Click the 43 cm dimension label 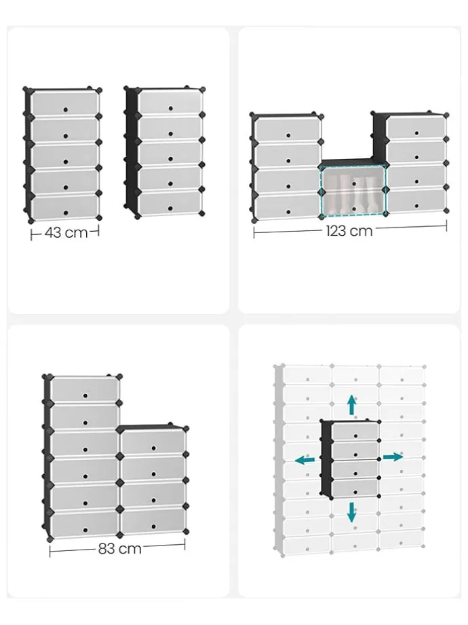point(66,232)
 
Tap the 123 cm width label point(349,231)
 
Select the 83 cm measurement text point(120,548)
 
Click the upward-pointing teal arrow point(351,405)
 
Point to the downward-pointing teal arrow point(351,512)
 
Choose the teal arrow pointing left point(305,460)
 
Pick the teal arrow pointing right point(393,457)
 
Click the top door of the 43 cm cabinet point(65,103)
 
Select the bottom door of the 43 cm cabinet point(65,207)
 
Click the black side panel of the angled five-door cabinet point(132,151)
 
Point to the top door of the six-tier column point(85,389)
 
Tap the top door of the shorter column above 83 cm point(153,442)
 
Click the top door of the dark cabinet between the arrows point(355,431)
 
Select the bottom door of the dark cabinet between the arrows point(355,488)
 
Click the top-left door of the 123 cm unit point(288,130)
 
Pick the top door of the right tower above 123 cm point(416,127)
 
